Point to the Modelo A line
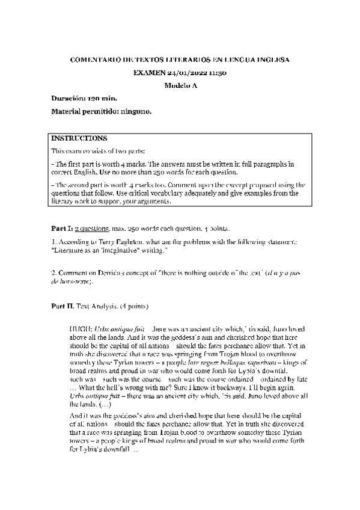tap(180, 85)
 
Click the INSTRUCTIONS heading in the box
tap(79, 138)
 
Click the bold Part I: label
tap(62, 229)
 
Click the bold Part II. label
tap(63, 306)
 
